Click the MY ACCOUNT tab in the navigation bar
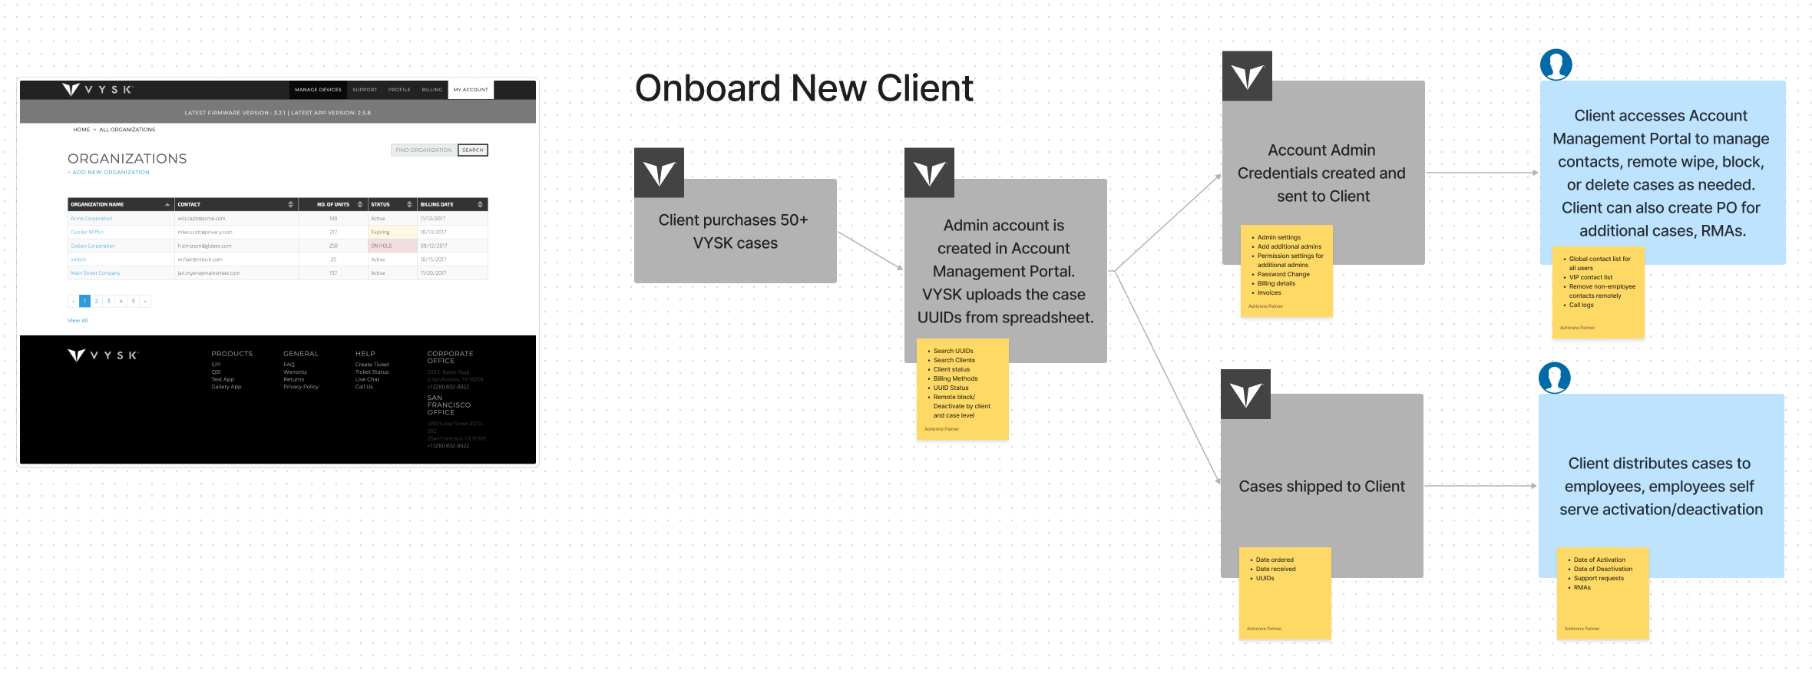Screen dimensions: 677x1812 coord(471,90)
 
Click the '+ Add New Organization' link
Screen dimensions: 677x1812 coord(109,173)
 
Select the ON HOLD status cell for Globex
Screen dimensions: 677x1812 coord(392,246)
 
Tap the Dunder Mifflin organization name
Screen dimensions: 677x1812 coord(88,232)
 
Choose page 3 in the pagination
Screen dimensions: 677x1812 coord(109,301)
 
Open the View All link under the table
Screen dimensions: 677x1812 coord(78,320)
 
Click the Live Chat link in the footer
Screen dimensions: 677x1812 coord(367,379)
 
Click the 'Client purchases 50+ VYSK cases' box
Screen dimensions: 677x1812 coord(735,231)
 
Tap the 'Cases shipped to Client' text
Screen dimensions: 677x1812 coord(1321,487)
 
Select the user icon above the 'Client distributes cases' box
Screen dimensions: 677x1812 coord(1555,378)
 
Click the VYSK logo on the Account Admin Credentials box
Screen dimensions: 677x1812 coord(1247,76)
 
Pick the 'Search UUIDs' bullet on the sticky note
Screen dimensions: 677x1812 coord(953,351)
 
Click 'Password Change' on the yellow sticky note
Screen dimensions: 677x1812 coord(1283,274)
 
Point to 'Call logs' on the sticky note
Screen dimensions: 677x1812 coord(1581,305)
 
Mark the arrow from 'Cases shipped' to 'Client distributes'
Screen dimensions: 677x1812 coord(1480,486)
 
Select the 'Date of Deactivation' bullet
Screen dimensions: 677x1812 coord(1602,569)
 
